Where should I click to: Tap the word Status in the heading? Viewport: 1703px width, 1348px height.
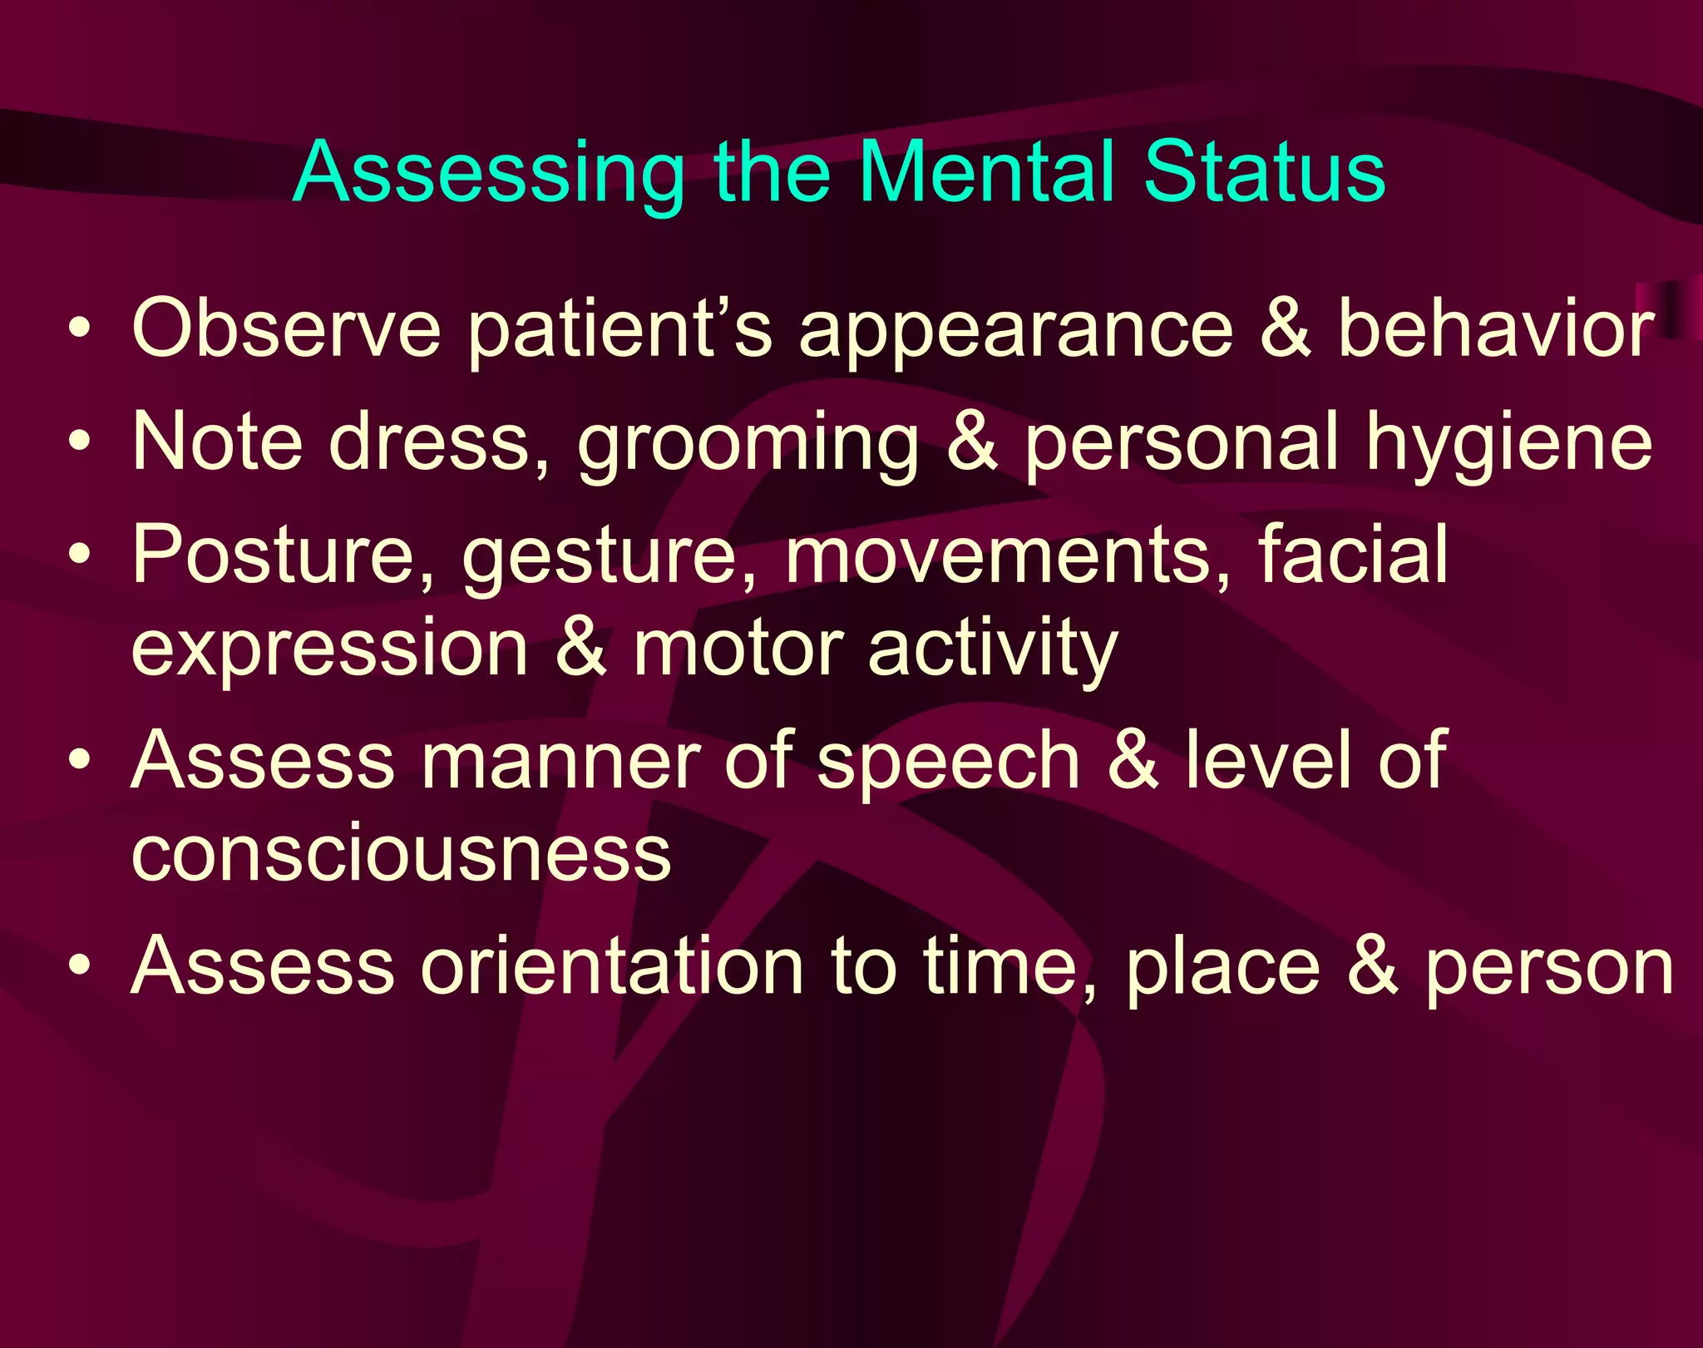[1264, 172]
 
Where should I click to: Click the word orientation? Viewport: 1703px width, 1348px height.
[612, 966]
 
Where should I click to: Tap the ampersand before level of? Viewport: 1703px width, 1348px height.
[1133, 760]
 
